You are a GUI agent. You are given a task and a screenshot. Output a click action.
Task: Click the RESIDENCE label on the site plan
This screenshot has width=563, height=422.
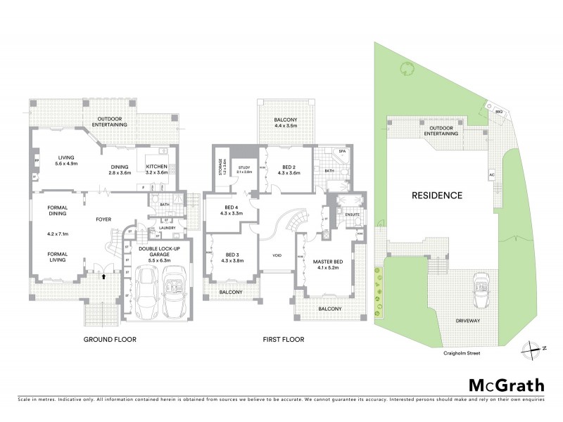point(437,196)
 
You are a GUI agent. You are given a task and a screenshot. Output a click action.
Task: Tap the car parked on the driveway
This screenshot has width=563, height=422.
point(481,288)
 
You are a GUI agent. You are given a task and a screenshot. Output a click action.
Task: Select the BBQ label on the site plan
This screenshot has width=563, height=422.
point(498,112)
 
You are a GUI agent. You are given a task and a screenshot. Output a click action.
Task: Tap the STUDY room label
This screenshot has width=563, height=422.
point(245,167)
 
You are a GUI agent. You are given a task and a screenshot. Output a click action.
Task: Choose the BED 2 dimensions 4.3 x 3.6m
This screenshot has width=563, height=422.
point(289,173)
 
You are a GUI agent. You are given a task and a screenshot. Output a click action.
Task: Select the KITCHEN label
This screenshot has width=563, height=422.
point(156,167)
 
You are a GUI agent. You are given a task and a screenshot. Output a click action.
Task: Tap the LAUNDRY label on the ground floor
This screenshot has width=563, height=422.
point(166,227)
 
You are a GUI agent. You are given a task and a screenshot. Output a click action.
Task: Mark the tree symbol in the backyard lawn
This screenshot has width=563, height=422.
point(405,68)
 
